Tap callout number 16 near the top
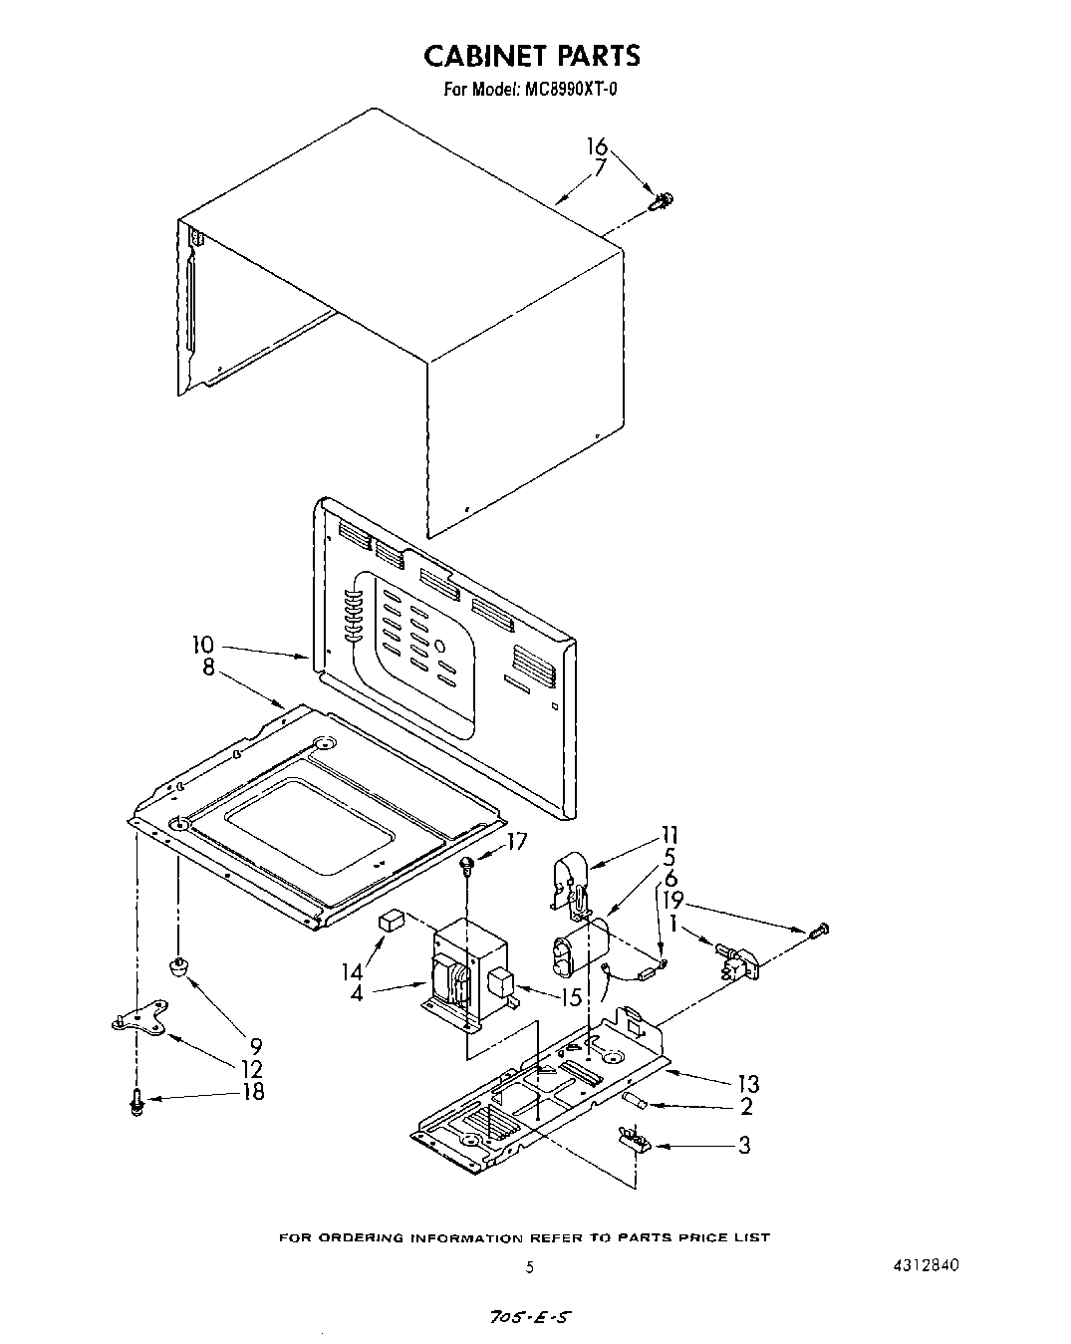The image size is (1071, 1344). click(x=596, y=147)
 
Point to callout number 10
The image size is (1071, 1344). click(x=203, y=646)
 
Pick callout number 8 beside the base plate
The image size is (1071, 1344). click(x=208, y=668)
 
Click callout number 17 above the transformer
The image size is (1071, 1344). click(x=516, y=842)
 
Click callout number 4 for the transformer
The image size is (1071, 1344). click(x=356, y=993)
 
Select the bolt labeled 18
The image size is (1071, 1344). click(x=136, y=1102)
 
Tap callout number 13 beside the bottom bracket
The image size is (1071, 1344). click(x=748, y=1084)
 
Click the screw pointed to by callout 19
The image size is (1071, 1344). click(x=819, y=931)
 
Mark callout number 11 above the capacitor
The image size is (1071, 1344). click(x=669, y=835)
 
